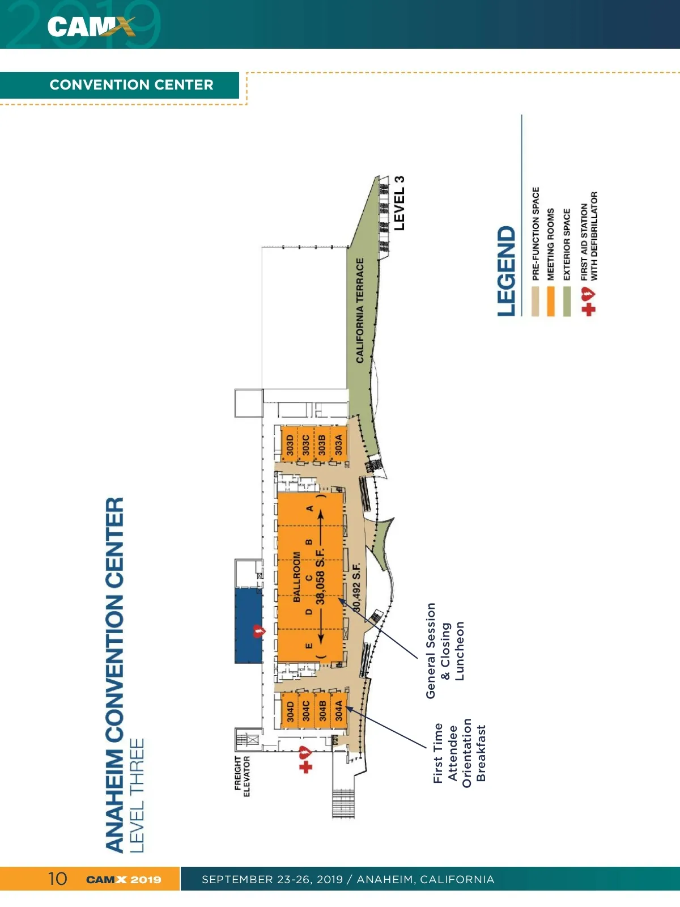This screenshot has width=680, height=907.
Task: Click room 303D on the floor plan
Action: pos(290,444)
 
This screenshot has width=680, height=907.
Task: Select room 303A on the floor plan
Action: pos(338,444)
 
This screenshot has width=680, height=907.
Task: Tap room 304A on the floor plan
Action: pos(338,710)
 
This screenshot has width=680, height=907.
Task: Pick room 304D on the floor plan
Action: pos(290,710)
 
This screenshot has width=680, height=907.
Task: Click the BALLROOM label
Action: pos(296,577)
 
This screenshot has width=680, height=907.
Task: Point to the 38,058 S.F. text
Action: pos(320,577)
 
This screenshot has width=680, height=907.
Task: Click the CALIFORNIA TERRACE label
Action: pos(360,311)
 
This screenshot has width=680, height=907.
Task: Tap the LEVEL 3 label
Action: pos(399,203)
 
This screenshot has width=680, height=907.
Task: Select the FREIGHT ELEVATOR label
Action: pos(243,776)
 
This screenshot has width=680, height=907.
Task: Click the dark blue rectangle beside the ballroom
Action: pos(249,625)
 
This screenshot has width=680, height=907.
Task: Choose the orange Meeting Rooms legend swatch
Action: pos(550,301)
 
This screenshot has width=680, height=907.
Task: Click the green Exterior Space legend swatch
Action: pos(567,301)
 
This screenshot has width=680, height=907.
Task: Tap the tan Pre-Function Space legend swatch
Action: pos(535,301)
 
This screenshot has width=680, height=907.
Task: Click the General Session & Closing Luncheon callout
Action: pos(445,651)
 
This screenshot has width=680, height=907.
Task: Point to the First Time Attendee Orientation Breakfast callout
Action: pos(459,753)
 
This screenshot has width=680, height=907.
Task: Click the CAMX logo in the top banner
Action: pos(91,26)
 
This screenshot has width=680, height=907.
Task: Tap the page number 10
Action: pos(57,879)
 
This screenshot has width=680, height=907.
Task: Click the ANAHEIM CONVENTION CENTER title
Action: pos(115,675)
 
